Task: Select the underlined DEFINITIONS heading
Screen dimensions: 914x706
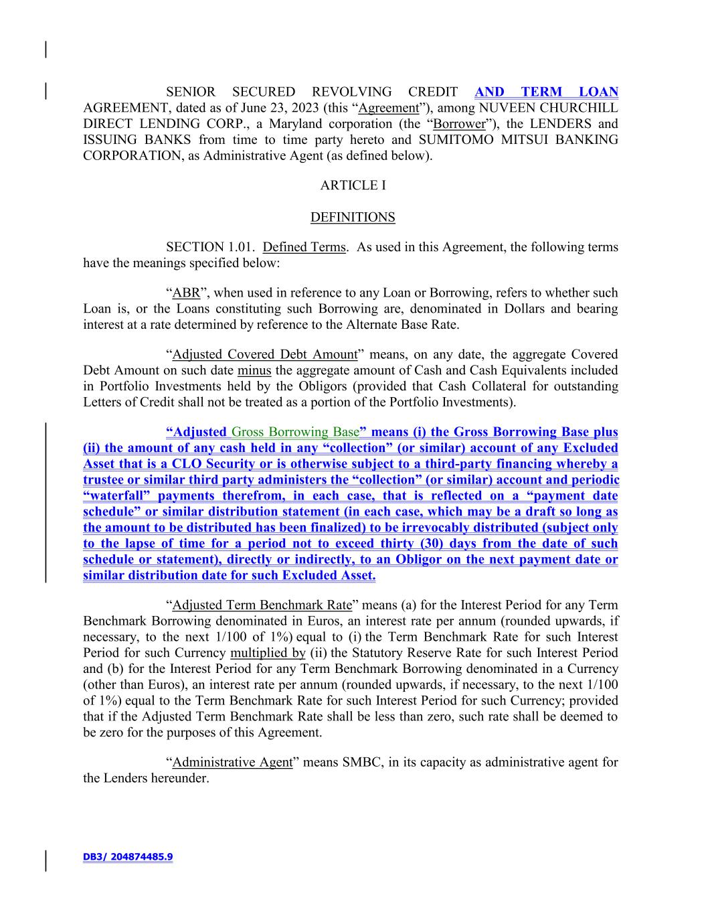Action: coord(353,218)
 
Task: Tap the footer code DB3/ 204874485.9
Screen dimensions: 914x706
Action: coord(128,856)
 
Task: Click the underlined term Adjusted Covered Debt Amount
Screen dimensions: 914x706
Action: coord(264,355)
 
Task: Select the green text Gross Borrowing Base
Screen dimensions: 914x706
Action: coord(295,433)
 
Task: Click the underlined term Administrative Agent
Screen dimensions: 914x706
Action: coord(232,763)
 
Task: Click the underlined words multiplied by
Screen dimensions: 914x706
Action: coord(268,653)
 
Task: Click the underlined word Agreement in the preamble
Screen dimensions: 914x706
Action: coord(388,108)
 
